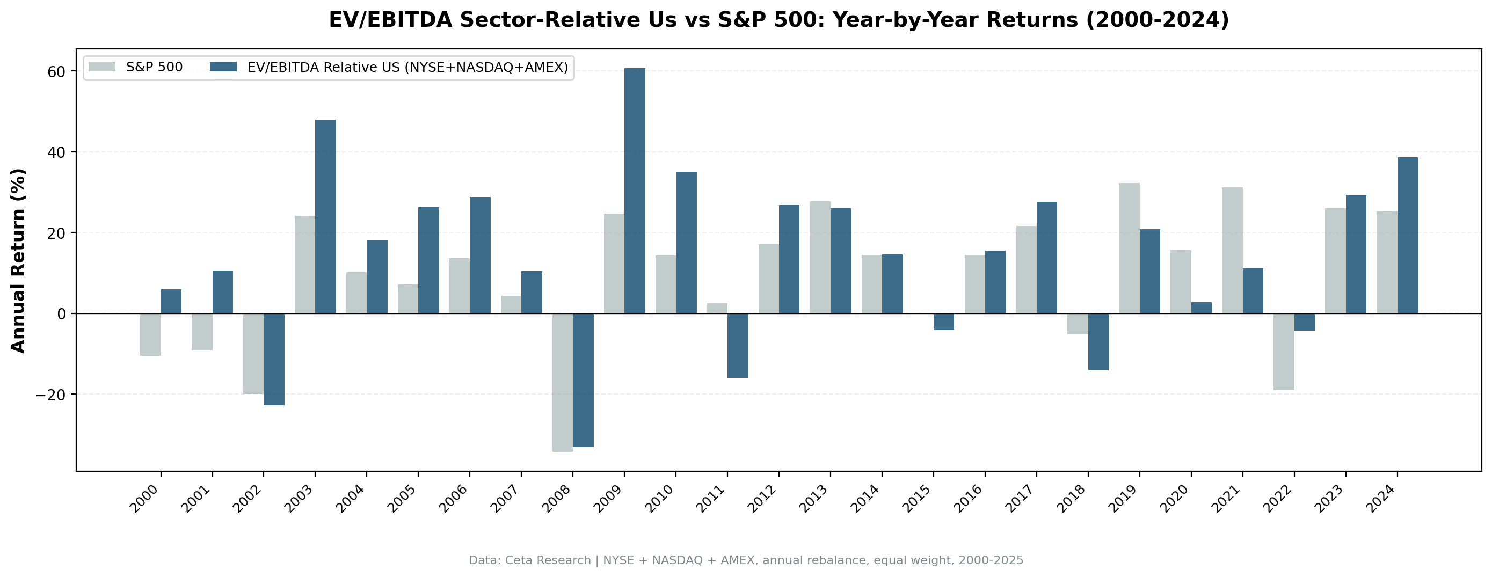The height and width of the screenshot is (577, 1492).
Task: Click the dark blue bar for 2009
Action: click(634, 191)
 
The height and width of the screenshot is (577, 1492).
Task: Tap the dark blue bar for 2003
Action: click(325, 217)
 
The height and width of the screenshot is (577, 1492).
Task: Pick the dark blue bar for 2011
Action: click(737, 346)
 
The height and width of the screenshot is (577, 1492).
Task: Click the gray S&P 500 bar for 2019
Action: click(1129, 249)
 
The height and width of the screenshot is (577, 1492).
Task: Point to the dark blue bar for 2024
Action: click(1407, 235)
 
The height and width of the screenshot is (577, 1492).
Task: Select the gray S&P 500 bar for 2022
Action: click(1284, 352)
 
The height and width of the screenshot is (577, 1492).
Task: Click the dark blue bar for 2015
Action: click(943, 322)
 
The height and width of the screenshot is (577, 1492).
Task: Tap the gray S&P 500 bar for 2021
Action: click(1232, 250)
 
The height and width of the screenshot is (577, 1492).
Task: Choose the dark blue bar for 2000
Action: click(171, 301)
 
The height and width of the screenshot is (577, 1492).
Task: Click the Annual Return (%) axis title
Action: click(19, 260)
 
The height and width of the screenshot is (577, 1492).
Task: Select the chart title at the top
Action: click(778, 20)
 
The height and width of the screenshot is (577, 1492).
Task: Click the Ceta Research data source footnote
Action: click(745, 560)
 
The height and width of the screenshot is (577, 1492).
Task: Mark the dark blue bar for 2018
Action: click(1098, 342)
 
